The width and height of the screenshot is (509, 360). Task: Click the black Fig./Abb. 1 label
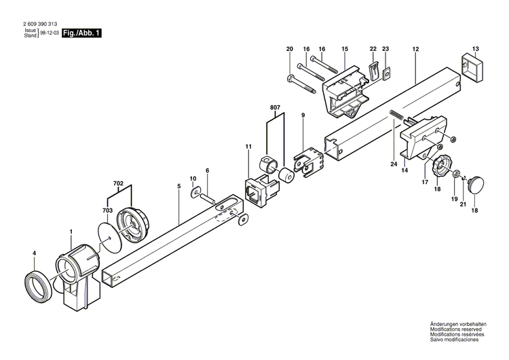pyautogui.click(x=81, y=33)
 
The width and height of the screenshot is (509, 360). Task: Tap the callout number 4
pyautogui.click(x=34, y=254)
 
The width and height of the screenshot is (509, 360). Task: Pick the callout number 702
pyautogui.click(x=118, y=183)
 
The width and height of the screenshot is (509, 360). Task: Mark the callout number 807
pyautogui.click(x=274, y=108)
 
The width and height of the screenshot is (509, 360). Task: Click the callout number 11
pyautogui.click(x=248, y=147)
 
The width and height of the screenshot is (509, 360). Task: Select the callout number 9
pyautogui.click(x=303, y=116)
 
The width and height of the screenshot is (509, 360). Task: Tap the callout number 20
pyautogui.click(x=290, y=49)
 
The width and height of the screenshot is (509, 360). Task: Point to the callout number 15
pyautogui.click(x=344, y=49)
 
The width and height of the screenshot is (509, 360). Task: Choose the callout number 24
pyautogui.click(x=392, y=163)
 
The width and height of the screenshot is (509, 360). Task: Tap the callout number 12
pyautogui.click(x=415, y=49)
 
